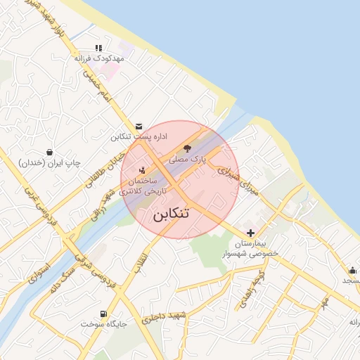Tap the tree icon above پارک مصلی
pos(187,148)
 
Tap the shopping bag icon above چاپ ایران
pos(49,152)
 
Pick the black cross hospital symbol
pos(250,233)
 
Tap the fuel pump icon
pos(103,313)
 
